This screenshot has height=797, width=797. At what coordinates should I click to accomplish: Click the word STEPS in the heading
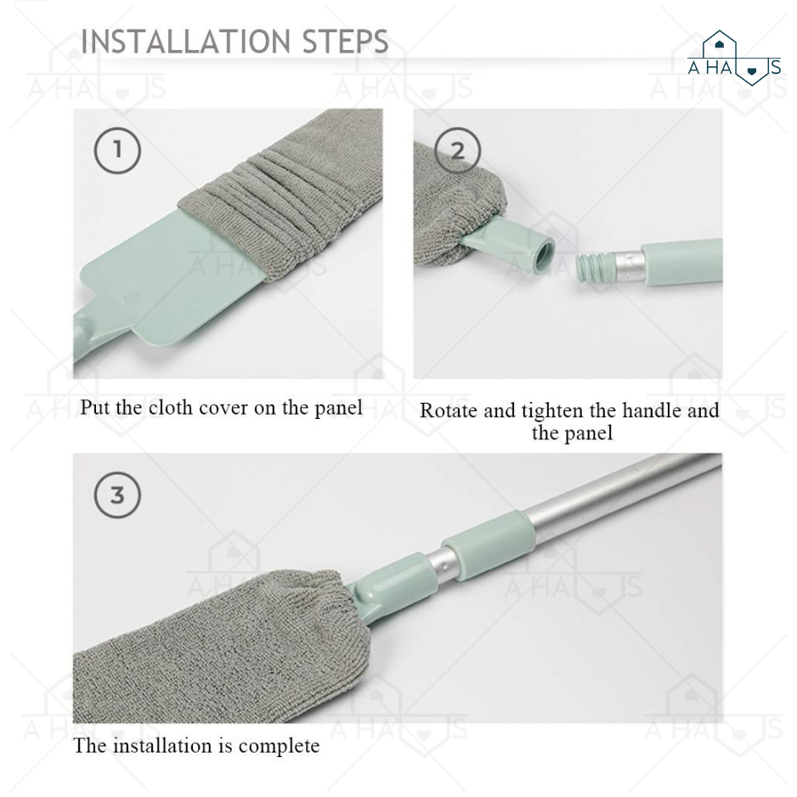click(x=346, y=41)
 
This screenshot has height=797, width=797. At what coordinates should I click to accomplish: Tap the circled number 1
click(x=117, y=150)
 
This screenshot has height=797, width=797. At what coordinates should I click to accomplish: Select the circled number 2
click(x=457, y=150)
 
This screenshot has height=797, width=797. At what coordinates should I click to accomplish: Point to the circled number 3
click(x=117, y=495)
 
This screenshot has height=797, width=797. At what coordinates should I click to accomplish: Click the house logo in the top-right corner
click(x=733, y=59)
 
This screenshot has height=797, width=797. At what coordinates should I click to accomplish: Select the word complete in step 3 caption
click(x=279, y=747)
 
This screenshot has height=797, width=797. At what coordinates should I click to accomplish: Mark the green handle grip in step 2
click(x=682, y=262)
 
